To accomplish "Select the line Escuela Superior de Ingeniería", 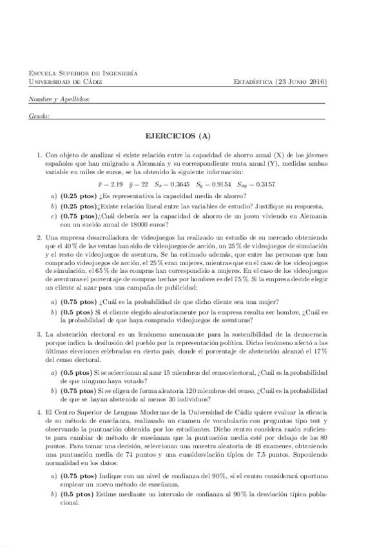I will (x=83, y=74).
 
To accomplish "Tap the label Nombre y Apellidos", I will (x=59, y=99).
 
